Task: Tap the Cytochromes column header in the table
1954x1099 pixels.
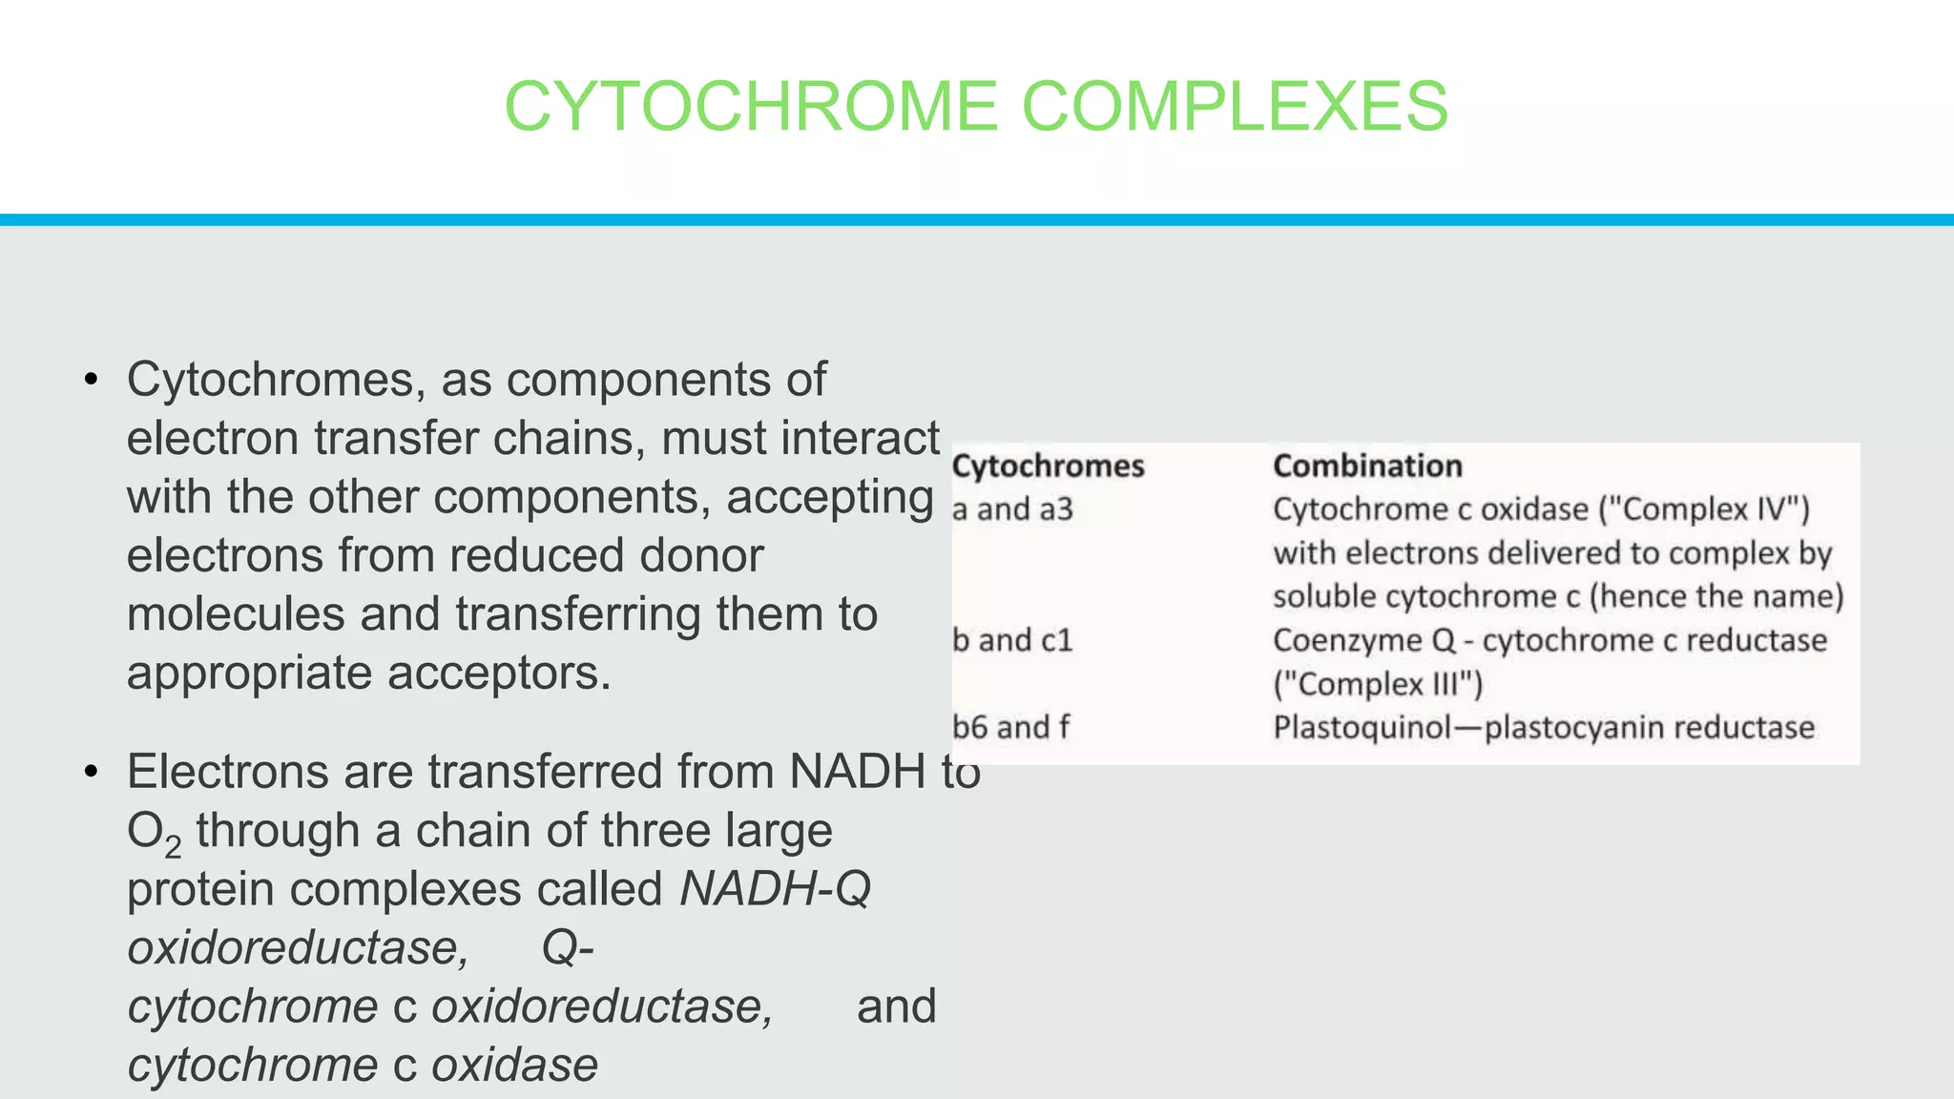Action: coord(1048,467)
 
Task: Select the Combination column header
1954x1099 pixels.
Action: coord(1367,467)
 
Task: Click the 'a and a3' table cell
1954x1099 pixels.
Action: coord(1012,510)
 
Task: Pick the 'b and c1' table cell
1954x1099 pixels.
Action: coord(1012,640)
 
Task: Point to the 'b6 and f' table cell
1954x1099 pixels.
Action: coord(1010,728)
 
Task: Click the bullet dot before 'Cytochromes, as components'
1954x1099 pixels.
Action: coord(91,381)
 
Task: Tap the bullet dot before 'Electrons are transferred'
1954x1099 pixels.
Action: coord(91,772)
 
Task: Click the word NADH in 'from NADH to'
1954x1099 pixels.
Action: coord(857,772)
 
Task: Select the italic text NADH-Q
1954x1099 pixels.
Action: coord(775,889)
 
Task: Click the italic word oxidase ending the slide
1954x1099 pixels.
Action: coord(514,1066)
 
